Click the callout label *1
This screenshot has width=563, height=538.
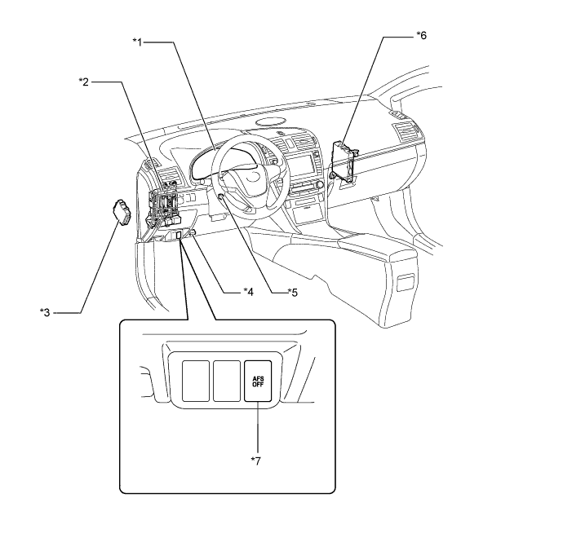point(138,42)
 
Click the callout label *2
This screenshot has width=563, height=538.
point(84,82)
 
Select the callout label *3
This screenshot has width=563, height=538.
point(45,312)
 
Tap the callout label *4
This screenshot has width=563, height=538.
point(249,292)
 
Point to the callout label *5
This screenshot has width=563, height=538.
point(293,293)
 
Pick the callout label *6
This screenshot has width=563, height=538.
point(422,35)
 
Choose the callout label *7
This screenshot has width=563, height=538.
point(256,461)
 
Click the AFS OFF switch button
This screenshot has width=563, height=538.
point(258,381)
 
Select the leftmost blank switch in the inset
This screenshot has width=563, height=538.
point(196,381)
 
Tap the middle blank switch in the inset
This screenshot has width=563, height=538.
point(227,381)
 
